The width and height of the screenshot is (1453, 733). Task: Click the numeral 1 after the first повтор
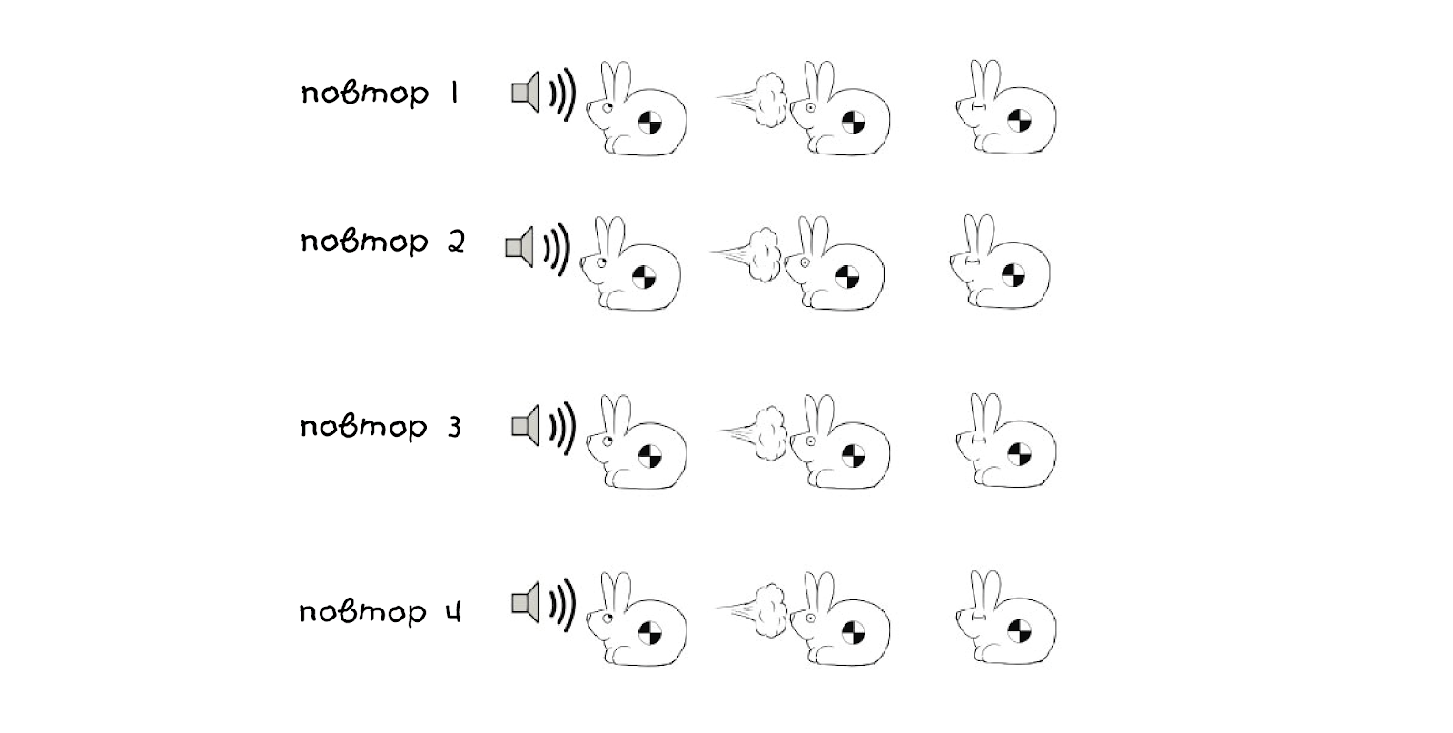pyautogui.click(x=455, y=92)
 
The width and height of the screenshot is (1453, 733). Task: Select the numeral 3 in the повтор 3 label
pyautogui.click(x=455, y=427)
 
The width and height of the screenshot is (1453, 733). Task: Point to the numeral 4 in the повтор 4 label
pyautogui.click(x=453, y=611)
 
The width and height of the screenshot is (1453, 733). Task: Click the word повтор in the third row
pyautogui.click(x=364, y=427)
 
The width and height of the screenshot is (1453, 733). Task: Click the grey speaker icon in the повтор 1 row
pyautogui.click(x=526, y=93)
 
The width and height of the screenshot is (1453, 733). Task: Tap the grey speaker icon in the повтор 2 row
pyautogui.click(x=519, y=247)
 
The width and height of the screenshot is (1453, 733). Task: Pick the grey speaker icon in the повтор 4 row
pyautogui.click(x=526, y=603)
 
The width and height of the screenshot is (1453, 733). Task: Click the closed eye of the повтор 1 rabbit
pyautogui.click(x=979, y=106)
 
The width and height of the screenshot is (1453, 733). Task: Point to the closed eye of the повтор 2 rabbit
pyautogui.click(x=973, y=262)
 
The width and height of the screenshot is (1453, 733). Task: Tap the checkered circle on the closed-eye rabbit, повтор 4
pyautogui.click(x=1019, y=631)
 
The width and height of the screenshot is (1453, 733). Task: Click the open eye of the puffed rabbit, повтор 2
pyautogui.click(x=805, y=262)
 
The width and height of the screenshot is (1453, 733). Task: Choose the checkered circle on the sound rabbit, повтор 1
pyautogui.click(x=649, y=122)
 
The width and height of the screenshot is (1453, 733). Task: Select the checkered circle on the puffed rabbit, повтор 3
pyautogui.click(x=853, y=455)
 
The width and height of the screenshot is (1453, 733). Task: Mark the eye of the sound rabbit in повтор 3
pyautogui.click(x=608, y=441)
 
